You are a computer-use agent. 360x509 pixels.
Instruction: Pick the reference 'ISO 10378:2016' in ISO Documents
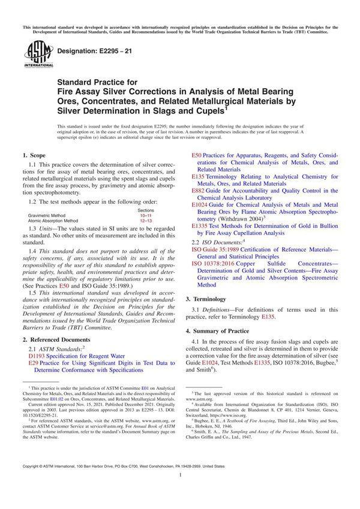coord(210,263)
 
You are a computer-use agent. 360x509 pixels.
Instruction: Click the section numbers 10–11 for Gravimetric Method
coord(146,215)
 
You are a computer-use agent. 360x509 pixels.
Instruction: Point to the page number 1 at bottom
coord(180,492)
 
